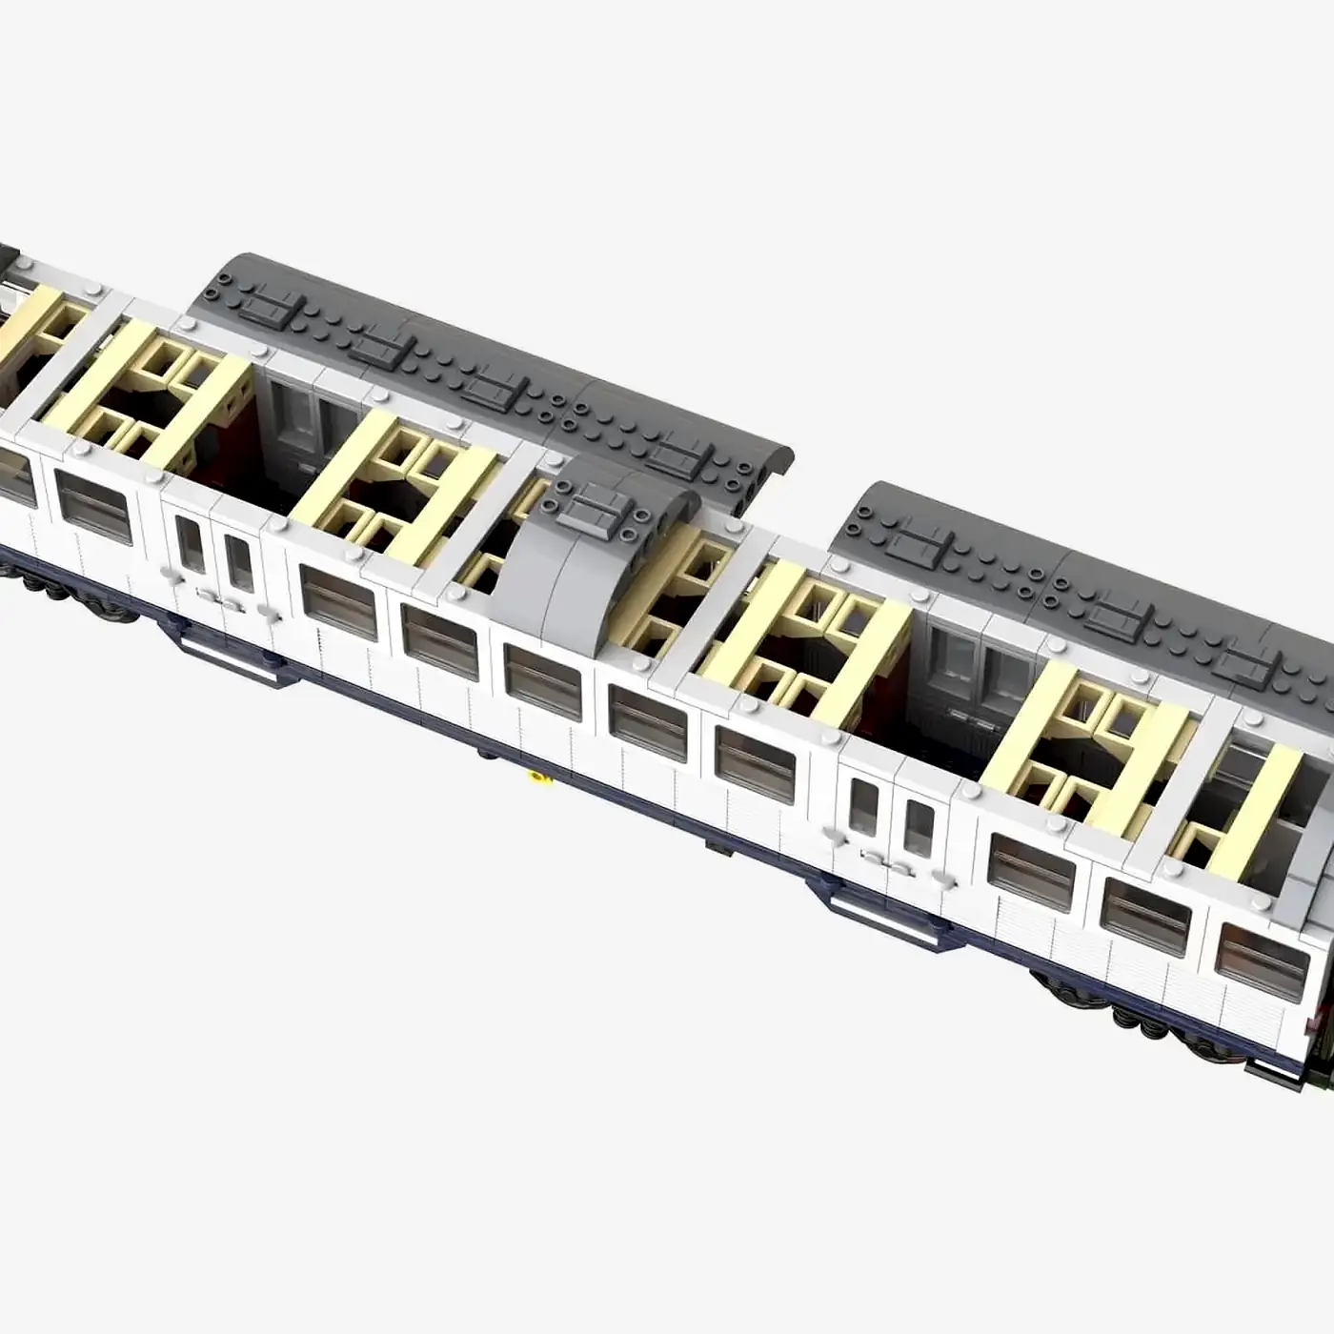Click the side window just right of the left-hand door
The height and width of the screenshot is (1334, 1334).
338,601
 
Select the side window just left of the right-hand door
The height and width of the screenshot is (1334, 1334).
755,763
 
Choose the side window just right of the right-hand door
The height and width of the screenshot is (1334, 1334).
1031,870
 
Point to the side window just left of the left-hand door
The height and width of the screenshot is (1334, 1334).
92,506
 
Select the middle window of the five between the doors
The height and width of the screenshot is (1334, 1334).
542,681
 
